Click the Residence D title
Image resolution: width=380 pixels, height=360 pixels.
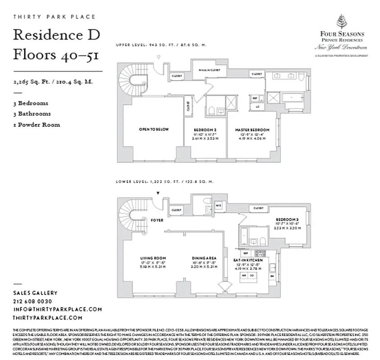pyautogui.click(x=57, y=35)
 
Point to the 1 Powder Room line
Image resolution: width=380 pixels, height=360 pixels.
pyautogui.click(x=36, y=125)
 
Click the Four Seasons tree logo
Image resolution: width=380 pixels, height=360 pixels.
pyautogui.click(x=342, y=22)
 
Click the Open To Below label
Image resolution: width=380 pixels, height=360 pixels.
pyautogui.click(x=154, y=130)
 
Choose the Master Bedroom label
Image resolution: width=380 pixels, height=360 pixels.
pyautogui.click(x=252, y=130)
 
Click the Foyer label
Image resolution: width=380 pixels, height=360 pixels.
pyautogui.click(x=157, y=220)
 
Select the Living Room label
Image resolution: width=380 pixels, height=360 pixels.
pyautogui.click(x=153, y=258)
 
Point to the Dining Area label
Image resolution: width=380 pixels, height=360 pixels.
pyautogui.click(x=201, y=258)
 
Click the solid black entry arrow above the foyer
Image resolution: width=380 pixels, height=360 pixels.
pyautogui.click(x=158, y=193)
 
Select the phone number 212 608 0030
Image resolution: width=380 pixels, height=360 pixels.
pyautogui.click(x=32, y=301)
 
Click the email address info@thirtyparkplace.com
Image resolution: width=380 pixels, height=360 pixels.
pyautogui.click(x=58, y=309)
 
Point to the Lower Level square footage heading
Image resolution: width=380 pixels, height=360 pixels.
pyautogui.click(x=165, y=182)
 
